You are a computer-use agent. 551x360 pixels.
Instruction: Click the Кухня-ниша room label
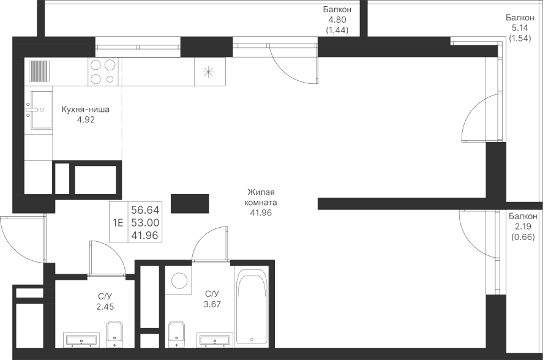[x=85, y=110]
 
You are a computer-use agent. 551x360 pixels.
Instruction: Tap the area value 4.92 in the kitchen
[x=86, y=119]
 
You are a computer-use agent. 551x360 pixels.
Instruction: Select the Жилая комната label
[x=261, y=197]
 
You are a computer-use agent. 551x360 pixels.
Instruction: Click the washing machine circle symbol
[x=179, y=280]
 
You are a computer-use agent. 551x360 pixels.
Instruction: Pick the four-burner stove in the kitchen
[x=103, y=72]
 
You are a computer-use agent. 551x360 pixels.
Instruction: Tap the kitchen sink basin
[x=42, y=110]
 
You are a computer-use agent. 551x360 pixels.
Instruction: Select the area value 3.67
[x=212, y=304]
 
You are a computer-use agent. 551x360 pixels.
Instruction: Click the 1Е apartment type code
[x=118, y=222]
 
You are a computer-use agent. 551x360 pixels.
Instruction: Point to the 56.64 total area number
[x=145, y=210]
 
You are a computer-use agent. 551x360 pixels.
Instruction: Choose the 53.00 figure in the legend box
[x=145, y=222]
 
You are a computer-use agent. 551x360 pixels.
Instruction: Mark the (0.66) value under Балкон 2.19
[x=523, y=238]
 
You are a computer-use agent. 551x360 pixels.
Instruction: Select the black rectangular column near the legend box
[x=190, y=203]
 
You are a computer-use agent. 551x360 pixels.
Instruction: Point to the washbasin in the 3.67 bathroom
[x=215, y=340]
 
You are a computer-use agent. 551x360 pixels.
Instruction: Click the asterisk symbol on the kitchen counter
[x=208, y=72]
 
